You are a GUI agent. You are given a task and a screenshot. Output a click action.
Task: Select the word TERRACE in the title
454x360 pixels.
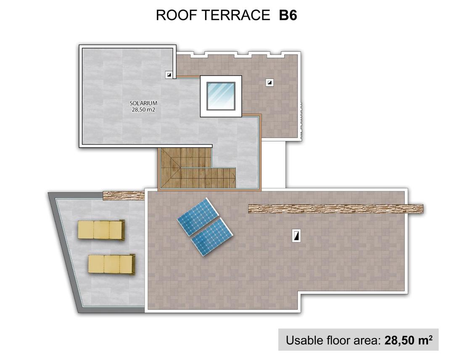tap(235, 15)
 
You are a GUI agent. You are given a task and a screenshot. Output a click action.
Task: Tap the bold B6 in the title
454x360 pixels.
tap(288, 15)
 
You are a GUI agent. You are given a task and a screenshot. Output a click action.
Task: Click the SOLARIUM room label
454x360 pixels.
tap(143, 103)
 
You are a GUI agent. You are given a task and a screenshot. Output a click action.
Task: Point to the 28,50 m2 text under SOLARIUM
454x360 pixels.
tap(143, 110)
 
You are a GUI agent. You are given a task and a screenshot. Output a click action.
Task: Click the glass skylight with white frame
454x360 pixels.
tap(221, 96)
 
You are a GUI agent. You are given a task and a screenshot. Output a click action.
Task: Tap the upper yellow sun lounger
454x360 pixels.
tap(101, 230)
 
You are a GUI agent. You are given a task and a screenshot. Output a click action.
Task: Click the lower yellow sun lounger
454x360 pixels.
tap(111, 265)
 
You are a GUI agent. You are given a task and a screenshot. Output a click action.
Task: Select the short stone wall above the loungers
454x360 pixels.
tap(124, 195)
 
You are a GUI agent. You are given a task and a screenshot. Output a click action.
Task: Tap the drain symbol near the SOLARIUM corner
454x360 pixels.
tap(169, 74)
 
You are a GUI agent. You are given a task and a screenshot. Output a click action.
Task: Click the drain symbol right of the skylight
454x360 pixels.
tap(269, 82)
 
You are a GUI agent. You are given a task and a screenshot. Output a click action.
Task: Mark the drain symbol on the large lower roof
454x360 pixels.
tap(297, 236)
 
